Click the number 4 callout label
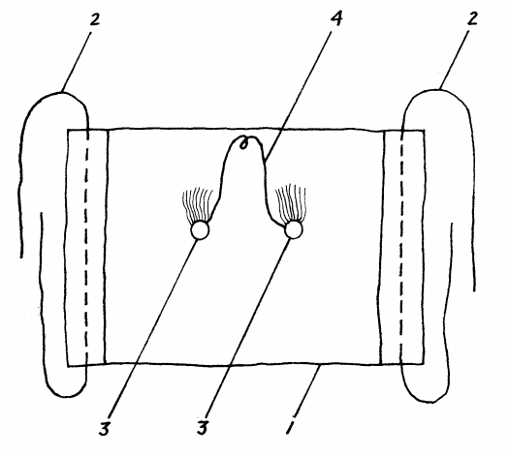click(x=336, y=18)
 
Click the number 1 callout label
click(x=291, y=427)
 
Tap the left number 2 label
click(x=94, y=19)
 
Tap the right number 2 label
click(x=472, y=18)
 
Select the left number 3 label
click(x=105, y=429)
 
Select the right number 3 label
click(x=203, y=428)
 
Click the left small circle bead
click(x=200, y=230)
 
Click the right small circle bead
click(x=294, y=229)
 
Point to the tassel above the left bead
click(x=197, y=205)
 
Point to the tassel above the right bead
click(x=291, y=203)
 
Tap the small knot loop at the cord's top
click(x=243, y=143)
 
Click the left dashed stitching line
click(x=86, y=247)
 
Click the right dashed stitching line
click(x=402, y=247)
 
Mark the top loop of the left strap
click(x=61, y=93)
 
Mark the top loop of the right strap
click(x=436, y=90)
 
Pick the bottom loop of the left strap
click(x=67, y=396)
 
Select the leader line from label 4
click(x=298, y=96)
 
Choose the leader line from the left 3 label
click(x=152, y=328)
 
